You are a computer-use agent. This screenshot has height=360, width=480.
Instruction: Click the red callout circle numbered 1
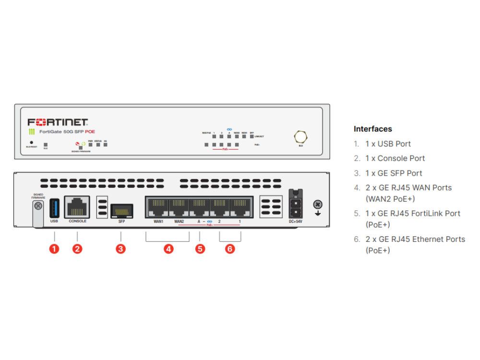coord(55,249)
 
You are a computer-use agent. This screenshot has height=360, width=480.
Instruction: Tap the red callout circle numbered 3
coord(121,249)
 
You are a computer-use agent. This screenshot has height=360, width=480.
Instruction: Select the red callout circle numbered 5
coord(200,249)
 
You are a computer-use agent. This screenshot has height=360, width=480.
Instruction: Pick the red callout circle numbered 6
coord(230,249)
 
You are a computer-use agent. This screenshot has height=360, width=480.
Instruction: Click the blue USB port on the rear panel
coord(54,207)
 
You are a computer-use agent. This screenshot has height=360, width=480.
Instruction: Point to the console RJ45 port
coord(77,207)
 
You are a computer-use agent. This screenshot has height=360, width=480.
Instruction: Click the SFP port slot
coord(121,210)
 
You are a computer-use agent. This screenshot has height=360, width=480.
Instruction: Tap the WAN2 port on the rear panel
coord(178,207)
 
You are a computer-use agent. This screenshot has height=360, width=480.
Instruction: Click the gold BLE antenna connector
coord(300,137)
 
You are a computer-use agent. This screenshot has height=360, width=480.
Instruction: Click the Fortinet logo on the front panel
coord(58,122)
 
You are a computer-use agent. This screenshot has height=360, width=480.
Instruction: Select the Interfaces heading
coord(372,129)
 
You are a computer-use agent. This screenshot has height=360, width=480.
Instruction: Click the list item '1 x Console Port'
coord(395,158)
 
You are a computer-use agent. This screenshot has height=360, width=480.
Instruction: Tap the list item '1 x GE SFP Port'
coord(394,173)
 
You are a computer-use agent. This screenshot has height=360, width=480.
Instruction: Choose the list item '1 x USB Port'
coord(388,144)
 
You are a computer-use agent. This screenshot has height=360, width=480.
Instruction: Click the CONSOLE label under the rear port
coord(77,221)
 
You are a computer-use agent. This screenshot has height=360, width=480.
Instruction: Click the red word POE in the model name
coord(90,132)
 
